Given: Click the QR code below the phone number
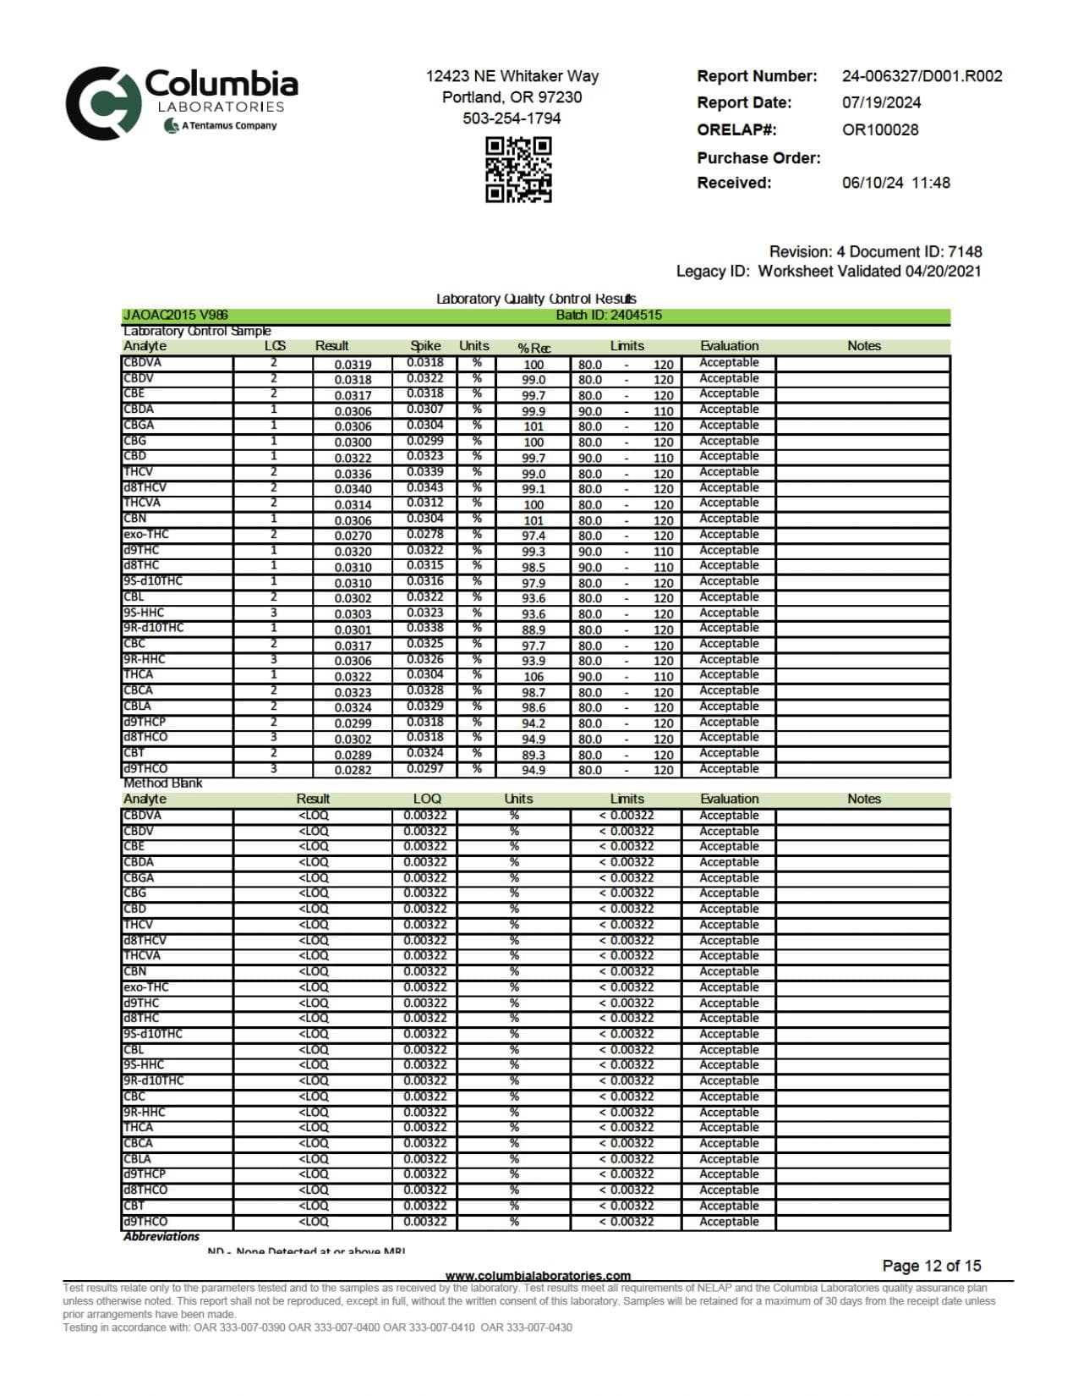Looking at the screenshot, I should pyautogui.click(x=518, y=169).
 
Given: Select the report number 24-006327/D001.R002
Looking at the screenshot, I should pyautogui.click(x=922, y=76).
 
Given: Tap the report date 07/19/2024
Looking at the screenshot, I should pyautogui.click(x=881, y=102).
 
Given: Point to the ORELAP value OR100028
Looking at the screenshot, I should pyautogui.click(x=879, y=129).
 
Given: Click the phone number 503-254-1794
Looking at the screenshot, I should pyautogui.click(x=512, y=118).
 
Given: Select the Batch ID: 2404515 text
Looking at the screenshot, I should pyautogui.click(x=609, y=315).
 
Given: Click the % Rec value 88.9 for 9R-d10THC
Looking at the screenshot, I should pyautogui.click(x=534, y=629).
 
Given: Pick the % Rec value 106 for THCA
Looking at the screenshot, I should pyautogui.click(x=534, y=676).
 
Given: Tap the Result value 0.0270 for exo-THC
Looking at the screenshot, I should pyautogui.click(x=353, y=536).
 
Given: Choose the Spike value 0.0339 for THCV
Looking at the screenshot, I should pyautogui.click(x=424, y=472).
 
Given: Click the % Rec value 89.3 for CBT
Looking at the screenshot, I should pyautogui.click(x=534, y=755).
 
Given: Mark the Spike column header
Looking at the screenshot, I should pyautogui.click(x=425, y=345).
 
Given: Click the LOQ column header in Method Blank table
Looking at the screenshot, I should pyautogui.click(x=427, y=799).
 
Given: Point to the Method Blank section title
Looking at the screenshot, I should pyautogui.click(x=163, y=783).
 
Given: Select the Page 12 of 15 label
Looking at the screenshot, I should pyautogui.click(x=931, y=1266).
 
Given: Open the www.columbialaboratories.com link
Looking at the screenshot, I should pyautogui.click(x=538, y=1275).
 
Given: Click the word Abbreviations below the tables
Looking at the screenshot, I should pyautogui.click(x=161, y=1236).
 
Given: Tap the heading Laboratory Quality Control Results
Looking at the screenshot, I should pyautogui.click(x=536, y=299).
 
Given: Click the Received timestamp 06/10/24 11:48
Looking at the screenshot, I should pyautogui.click(x=895, y=183).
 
